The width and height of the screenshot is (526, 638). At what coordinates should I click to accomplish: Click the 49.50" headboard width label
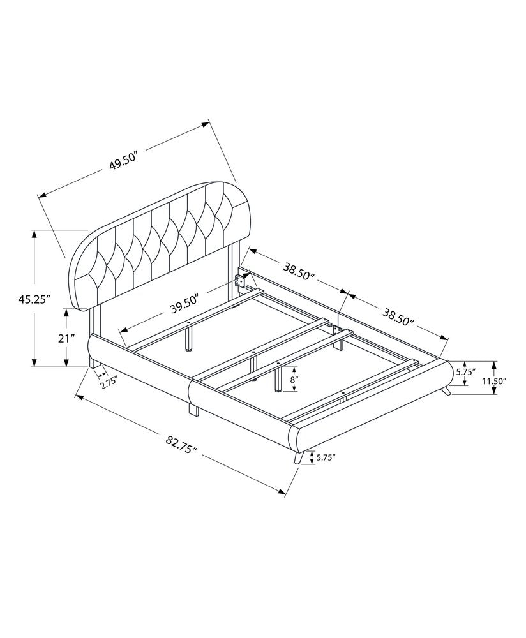coord(124,163)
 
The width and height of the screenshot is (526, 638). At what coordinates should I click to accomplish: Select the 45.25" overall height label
coord(34,299)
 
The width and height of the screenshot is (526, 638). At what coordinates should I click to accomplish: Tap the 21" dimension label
coord(66,339)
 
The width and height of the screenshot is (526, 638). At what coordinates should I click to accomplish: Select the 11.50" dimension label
coord(495,381)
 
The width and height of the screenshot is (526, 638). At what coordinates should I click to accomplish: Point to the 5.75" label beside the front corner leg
coord(326,457)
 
